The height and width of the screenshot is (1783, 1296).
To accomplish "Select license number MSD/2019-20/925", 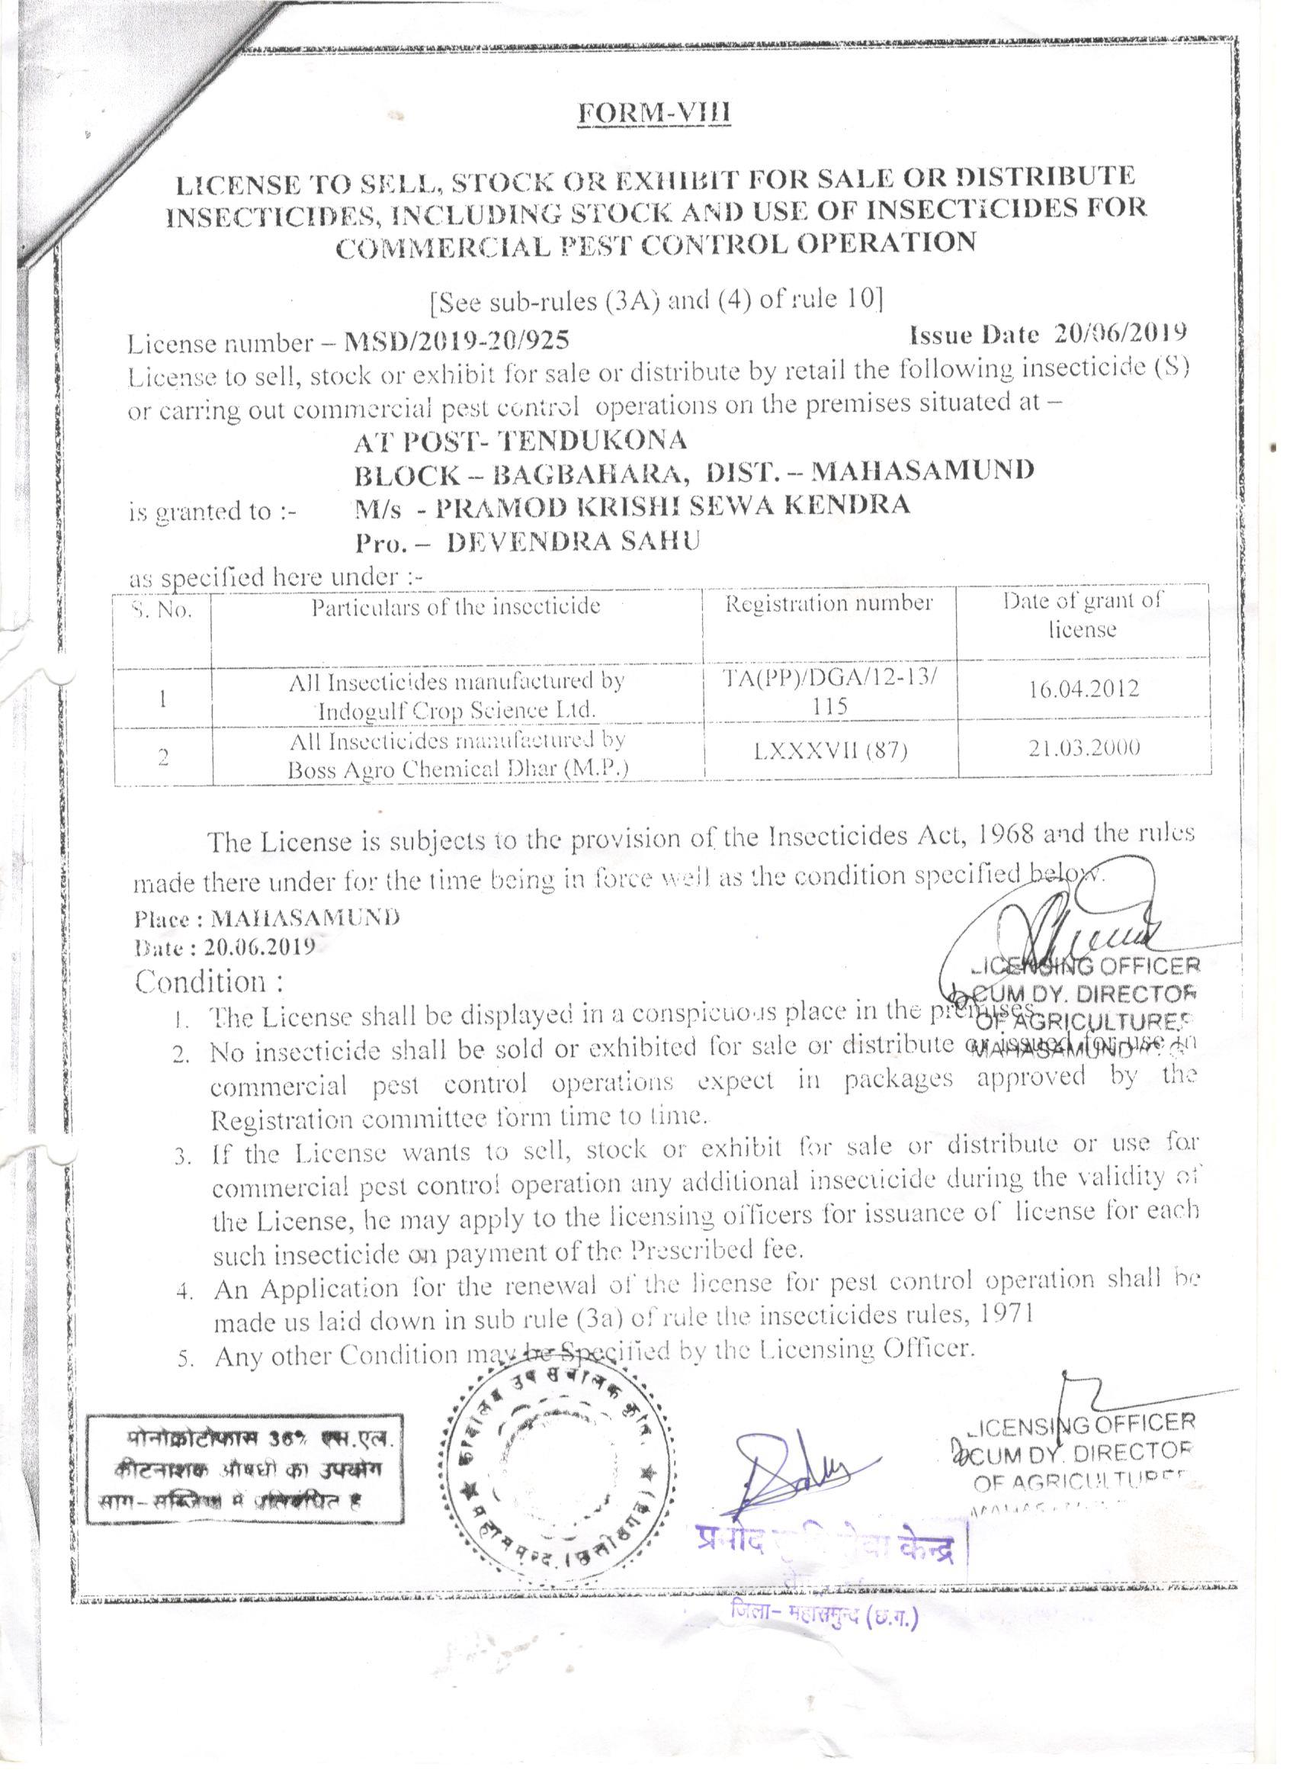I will pos(457,341).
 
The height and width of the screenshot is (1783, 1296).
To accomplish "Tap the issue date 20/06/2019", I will pos(1119,334).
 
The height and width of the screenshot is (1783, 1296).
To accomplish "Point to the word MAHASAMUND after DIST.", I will pos(922,470).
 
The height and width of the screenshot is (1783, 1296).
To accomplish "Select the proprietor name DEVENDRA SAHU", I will pos(573,541).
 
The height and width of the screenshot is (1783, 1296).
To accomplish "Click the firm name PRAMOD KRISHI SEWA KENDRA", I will pos(672,505).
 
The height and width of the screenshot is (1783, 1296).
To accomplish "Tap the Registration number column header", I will pos(829,604).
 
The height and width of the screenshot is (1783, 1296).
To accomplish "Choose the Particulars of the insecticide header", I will pos(456,606).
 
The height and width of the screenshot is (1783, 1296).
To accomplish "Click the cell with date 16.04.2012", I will pos(1083,689).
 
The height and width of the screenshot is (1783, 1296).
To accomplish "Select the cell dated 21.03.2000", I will pos(1084,747).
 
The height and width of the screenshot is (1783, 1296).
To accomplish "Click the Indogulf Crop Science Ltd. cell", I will pos(457,695).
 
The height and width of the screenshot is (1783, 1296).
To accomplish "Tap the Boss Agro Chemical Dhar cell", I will pos(457,755).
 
